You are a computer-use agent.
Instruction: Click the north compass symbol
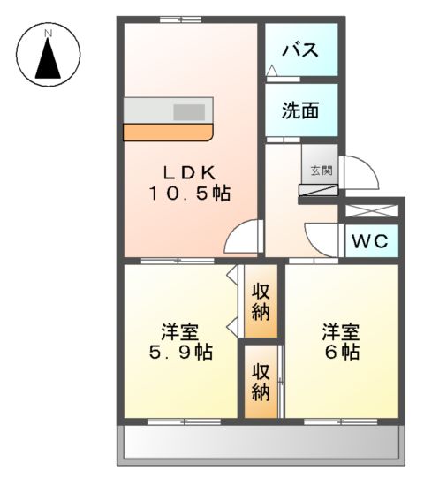pyautogui.click(x=49, y=56)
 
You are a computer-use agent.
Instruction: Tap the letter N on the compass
pyautogui.click(x=49, y=34)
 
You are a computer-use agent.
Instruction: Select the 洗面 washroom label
pyautogui.click(x=300, y=111)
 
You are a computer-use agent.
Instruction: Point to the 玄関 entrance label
pyautogui.click(x=321, y=171)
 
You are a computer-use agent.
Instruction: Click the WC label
pyautogui.click(x=370, y=240)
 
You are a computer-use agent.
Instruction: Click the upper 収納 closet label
pyautogui.click(x=261, y=301)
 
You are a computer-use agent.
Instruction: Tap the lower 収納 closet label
pyautogui.click(x=260, y=381)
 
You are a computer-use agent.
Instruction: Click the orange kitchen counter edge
pyautogui.click(x=168, y=133)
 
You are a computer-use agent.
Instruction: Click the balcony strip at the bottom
pyautogui.click(x=261, y=443)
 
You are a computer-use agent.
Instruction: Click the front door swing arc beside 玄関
pyautogui.click(x=360, y=175)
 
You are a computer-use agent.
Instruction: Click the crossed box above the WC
pyautogui.click(x=370, y=211)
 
